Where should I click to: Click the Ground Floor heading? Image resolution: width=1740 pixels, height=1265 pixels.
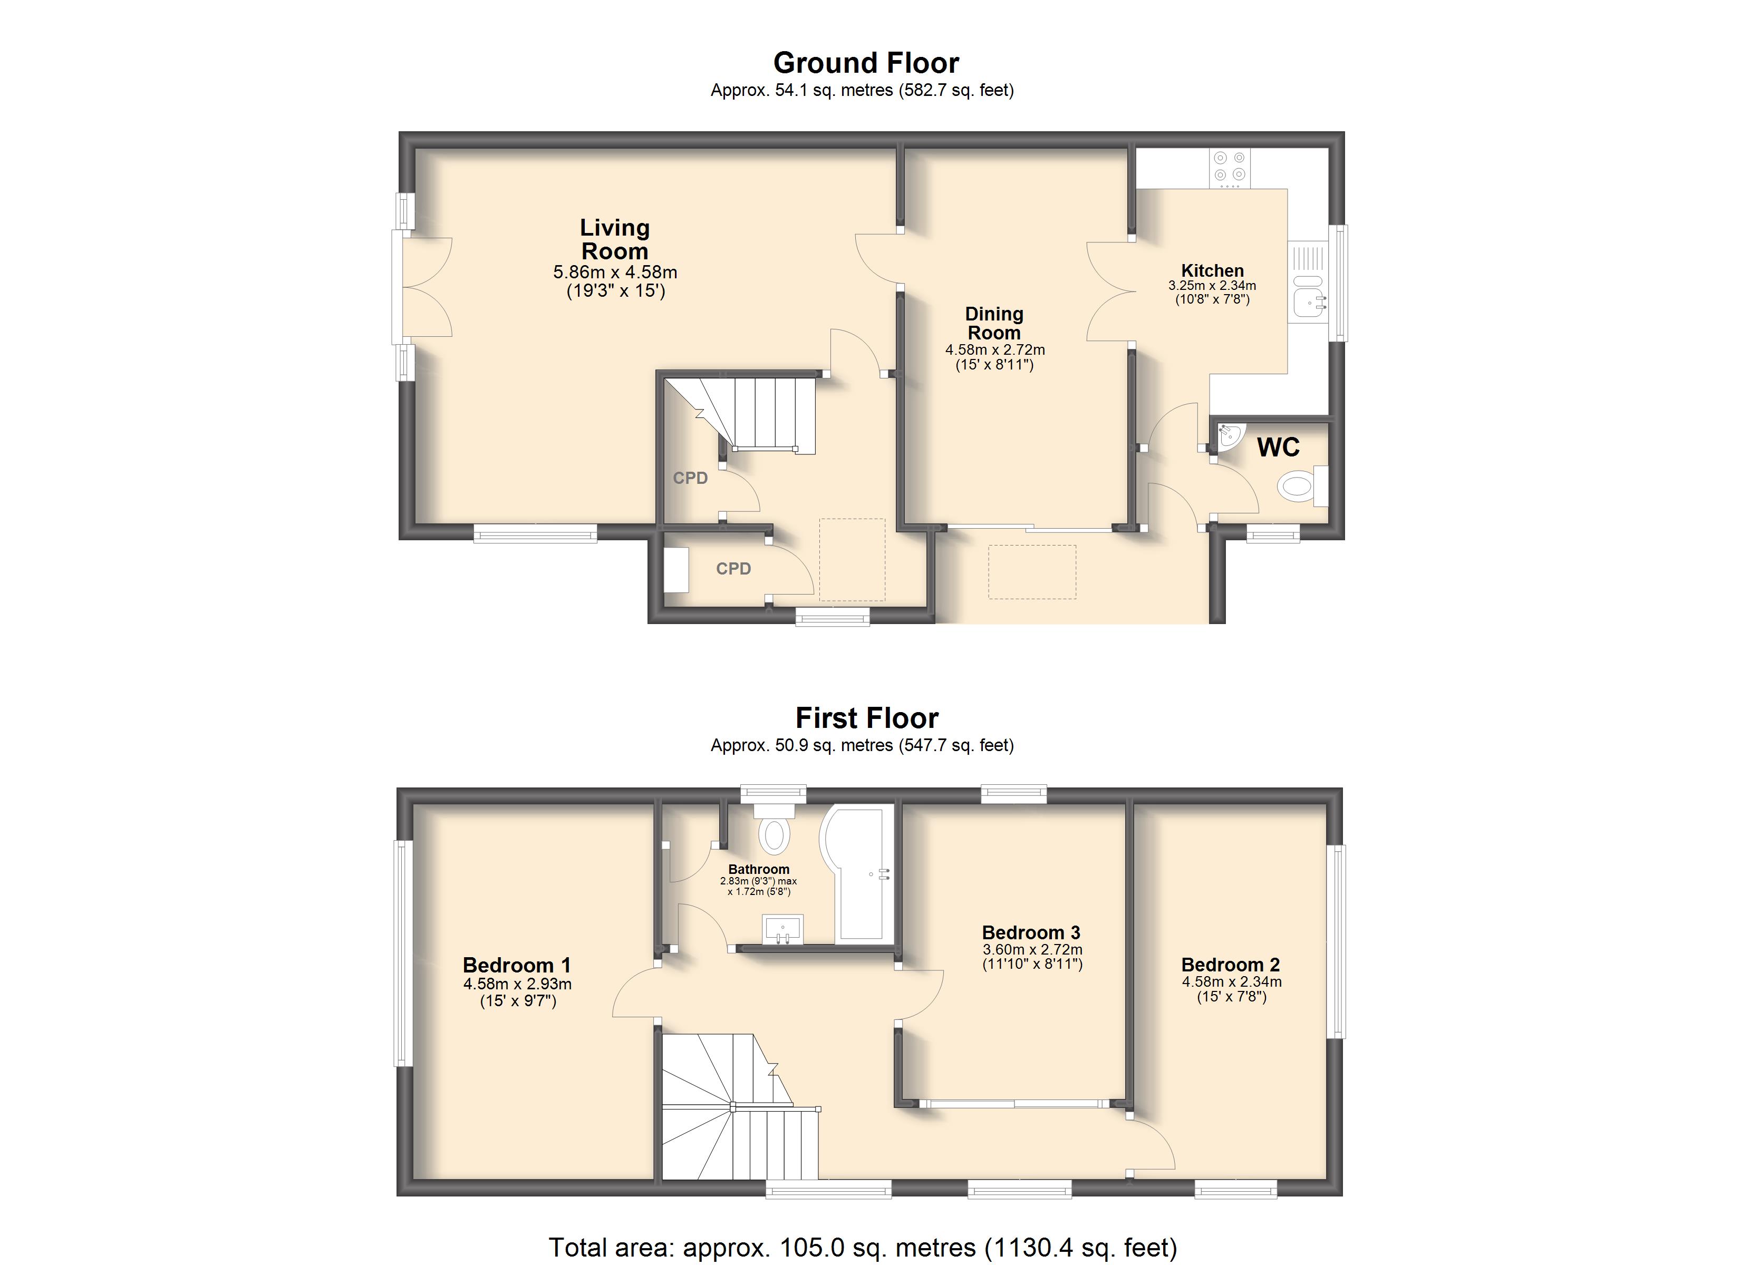866,63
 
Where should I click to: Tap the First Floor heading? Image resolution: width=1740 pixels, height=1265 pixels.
867,718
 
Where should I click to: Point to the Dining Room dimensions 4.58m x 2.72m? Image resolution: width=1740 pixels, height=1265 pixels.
995,350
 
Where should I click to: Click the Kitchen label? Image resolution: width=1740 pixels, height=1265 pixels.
1212,271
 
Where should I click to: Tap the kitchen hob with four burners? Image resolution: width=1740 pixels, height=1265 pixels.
1230,168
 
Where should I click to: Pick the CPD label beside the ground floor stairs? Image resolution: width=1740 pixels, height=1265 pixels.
691,478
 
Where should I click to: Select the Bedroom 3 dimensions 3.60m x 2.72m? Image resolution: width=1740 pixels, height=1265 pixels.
1032,950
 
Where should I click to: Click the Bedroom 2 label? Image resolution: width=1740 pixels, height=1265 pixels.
1231,965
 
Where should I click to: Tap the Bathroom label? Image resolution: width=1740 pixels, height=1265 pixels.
759,869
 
